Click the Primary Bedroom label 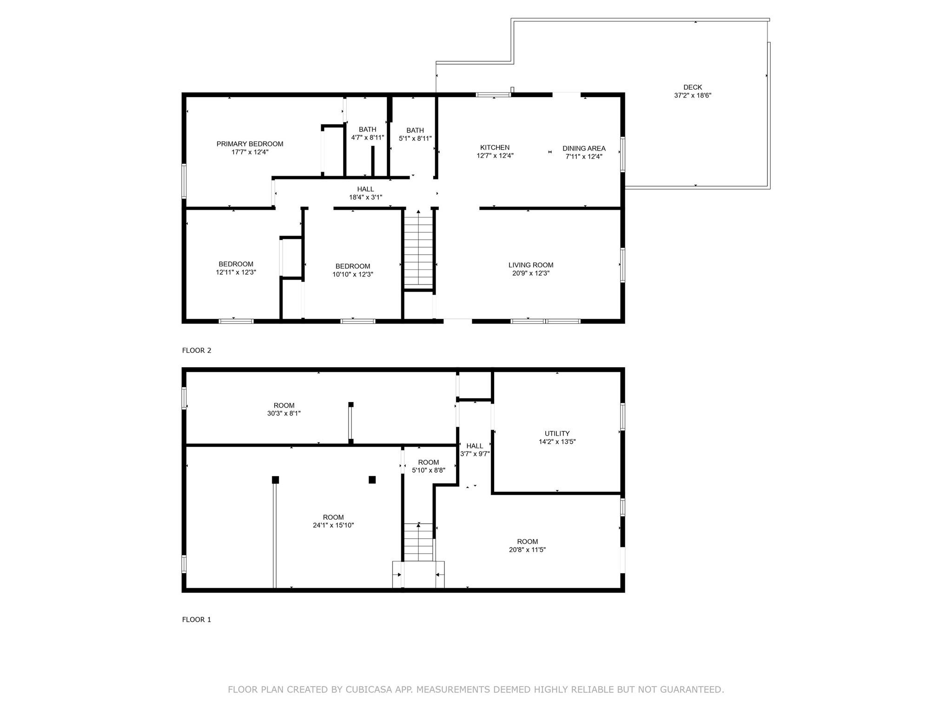click(250, 144)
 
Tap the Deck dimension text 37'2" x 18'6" click(693, 95)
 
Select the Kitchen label click(495, 148)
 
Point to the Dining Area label click(584, 149)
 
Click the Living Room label click(531, 265)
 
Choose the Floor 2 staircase click(418, 249)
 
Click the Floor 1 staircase click(419, 542)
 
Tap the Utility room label click(557, 434)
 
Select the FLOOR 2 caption click(197, 350)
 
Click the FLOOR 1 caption click(197, 620)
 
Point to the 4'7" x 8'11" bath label click(367, 133)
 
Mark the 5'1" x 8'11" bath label click(415, 134)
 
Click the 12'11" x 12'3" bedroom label click(236, 268)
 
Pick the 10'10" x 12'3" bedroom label click(353, 271)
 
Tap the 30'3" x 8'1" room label click(284, 410)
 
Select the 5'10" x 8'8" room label click(429, 466)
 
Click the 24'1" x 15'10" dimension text click(333, 525)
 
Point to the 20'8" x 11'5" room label click(527, 546)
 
